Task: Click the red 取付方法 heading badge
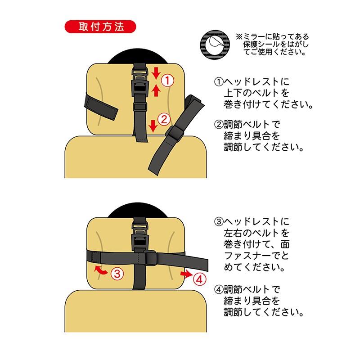(x=100, y=27)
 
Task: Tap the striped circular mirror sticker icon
(x=215, y=45)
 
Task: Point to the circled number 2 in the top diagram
(x=164, y=120)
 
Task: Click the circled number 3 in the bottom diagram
(x=117, y=274)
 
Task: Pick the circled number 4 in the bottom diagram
(x=199, y=279)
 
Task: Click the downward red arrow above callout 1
(x=156, y=73)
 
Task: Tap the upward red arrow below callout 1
(x=156, y=90)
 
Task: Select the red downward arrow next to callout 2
(x=153, y=126)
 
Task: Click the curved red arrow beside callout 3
(x=100, y=270)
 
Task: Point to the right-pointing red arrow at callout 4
(x=186, y=274)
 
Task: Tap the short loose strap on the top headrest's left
(x=101, y=107)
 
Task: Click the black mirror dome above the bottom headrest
(x=138, y=210)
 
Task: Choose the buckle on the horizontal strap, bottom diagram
(x=150, y=257)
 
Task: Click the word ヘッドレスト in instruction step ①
(x=252, y=82)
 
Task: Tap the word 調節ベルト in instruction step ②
(x=247, y=125)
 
